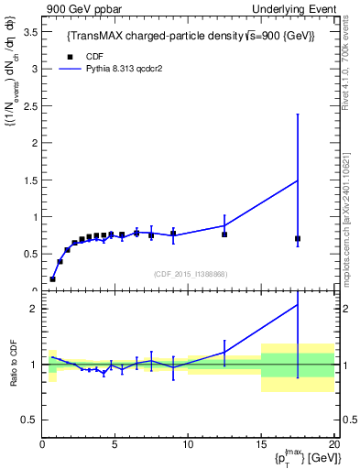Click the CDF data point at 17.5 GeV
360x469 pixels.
298,239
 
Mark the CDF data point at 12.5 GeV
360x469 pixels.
224,234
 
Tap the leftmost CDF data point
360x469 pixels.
52,278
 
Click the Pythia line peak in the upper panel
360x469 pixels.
298,180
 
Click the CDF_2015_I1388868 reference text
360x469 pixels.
190,274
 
